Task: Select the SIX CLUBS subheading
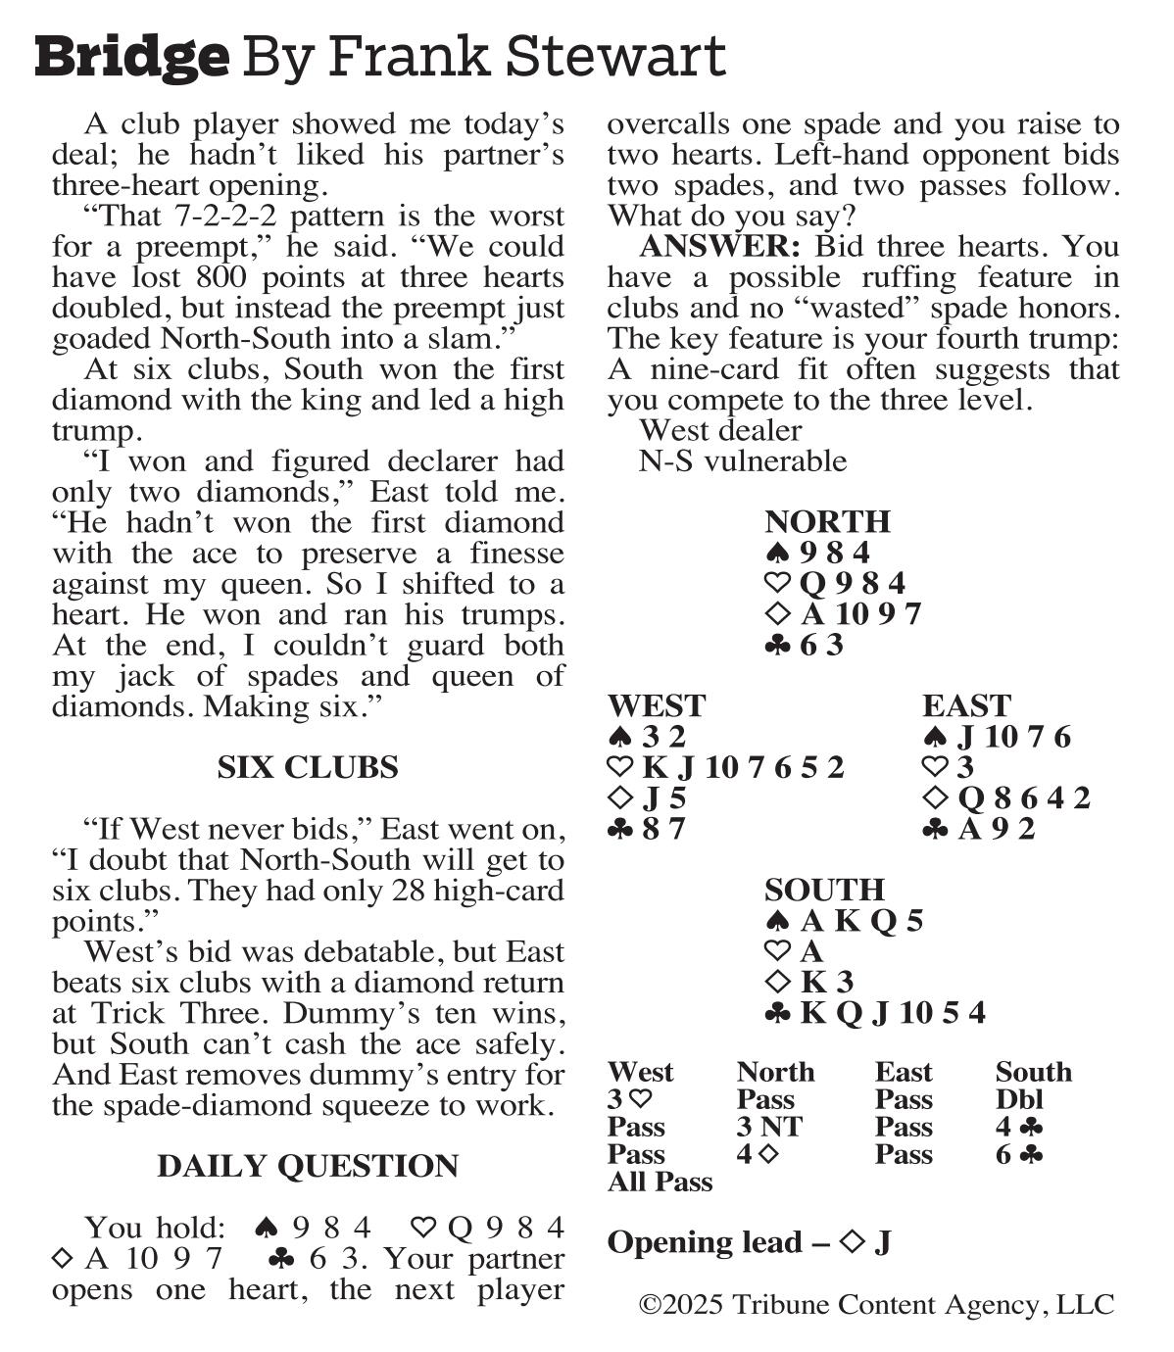point(308,767)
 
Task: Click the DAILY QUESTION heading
point(308,1166)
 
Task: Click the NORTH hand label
point(827,521)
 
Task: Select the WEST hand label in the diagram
point(657,705)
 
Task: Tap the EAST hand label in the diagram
point(966,705)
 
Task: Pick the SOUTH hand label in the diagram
point(824,890)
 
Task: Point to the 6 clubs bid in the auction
point(1019,1154)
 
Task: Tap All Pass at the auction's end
point(660,1182)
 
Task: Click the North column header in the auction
point(775,1072)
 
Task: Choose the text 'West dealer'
point(720,430)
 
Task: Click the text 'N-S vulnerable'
point(742,460)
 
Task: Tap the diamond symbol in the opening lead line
point(852,1242)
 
